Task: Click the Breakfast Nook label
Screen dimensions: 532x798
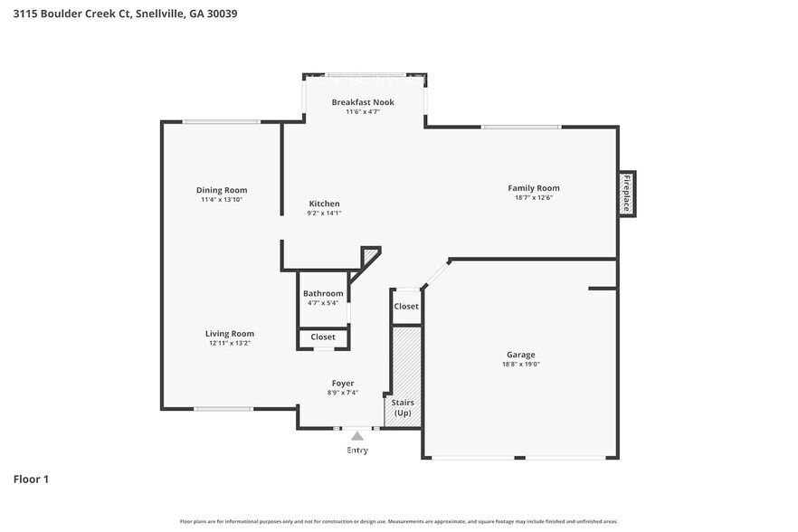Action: [x=363, y=102]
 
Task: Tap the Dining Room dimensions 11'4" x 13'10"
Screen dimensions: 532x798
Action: [x=222, y=199]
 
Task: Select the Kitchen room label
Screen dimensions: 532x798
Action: [x=324, y=204]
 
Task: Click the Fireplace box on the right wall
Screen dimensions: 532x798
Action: [x=626, y=194]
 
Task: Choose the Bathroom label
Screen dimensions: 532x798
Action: [x=323, y=293]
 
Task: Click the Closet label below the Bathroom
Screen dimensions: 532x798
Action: [x=323, y=337]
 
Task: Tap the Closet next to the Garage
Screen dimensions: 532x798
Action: [x=406, y=306]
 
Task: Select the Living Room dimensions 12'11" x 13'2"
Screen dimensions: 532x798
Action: [x=229, y=343]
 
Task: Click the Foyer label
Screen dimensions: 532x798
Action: [x=342, y=383]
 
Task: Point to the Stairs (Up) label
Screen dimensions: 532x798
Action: [x=402, y=406]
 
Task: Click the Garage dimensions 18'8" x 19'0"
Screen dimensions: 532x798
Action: [x=520, y=364]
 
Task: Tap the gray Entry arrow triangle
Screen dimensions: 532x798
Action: [x=357, y=436]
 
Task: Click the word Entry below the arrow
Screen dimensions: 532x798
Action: [x=357, y=450]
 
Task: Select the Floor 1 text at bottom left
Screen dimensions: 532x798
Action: [x=31, y=479]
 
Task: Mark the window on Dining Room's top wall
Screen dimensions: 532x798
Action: [x=221, y=122]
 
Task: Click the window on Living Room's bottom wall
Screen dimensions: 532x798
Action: [x=223, y=409]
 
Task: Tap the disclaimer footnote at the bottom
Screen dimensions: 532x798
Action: [x=398, y=521]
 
